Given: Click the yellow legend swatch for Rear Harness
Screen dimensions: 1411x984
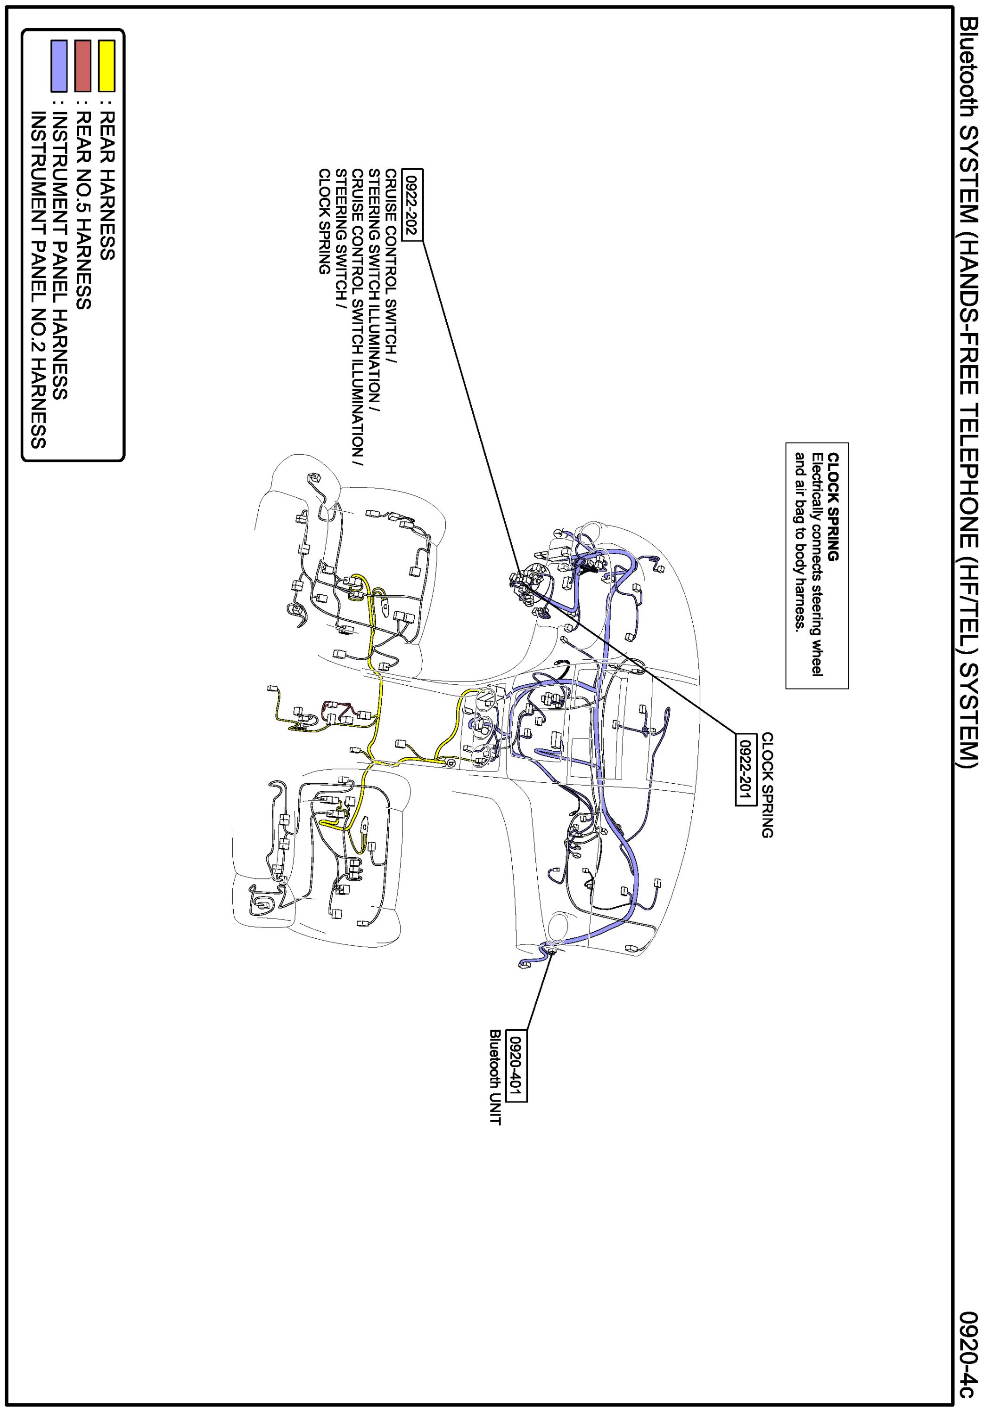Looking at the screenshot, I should [x=107, y=66].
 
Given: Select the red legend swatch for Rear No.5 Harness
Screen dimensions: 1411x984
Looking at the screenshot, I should [x=83, y=66].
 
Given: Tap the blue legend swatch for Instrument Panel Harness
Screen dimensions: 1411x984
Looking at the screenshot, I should [x=59, y=66].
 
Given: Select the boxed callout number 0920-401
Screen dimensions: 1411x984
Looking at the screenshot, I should [x=517, y=1065].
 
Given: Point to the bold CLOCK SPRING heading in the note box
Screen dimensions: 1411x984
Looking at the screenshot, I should [x=833, y=507].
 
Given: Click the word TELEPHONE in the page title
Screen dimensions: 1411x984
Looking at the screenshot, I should [x=968, y=468].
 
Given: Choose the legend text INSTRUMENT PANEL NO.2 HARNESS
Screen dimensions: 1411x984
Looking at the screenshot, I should [x=38, y=279].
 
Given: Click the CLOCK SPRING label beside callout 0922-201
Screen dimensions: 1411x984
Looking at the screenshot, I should [x=767, y=785].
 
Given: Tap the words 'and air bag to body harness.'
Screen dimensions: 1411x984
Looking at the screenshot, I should [x=800, y=541].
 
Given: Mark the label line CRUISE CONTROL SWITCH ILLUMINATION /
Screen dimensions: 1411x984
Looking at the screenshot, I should [x=358, y=317].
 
